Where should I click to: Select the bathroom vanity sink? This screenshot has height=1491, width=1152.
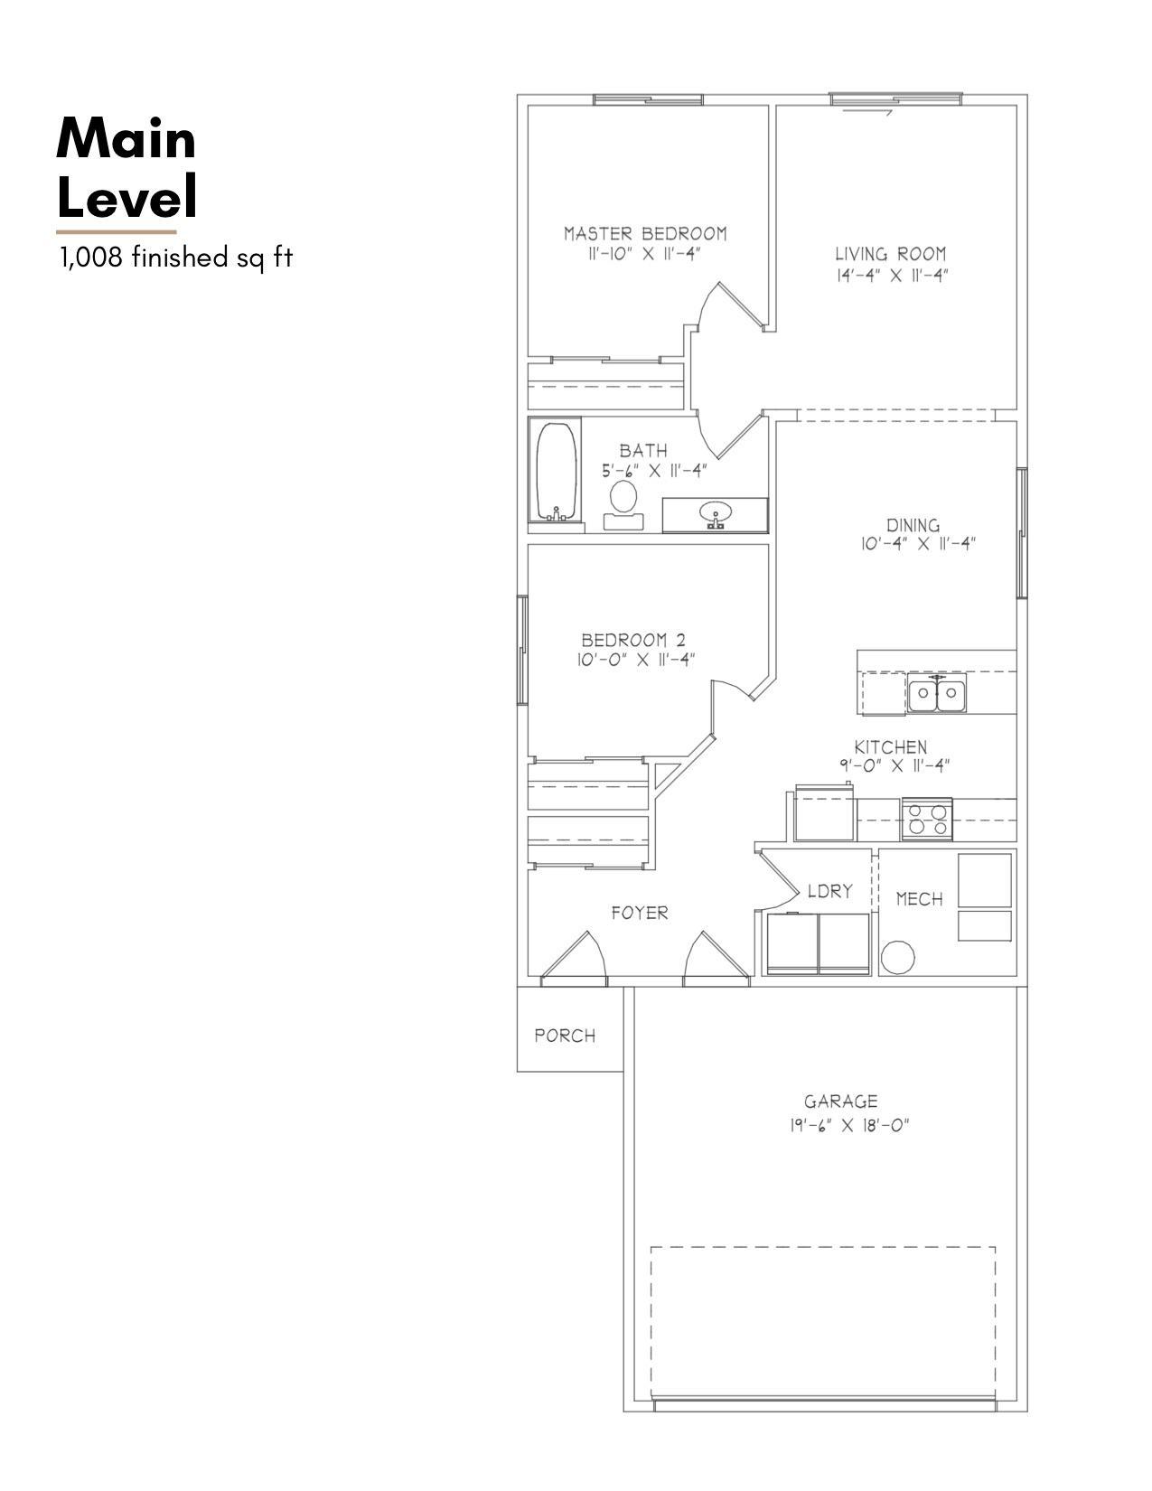click(x=716, y=515)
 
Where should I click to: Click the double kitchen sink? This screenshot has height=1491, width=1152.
click(x=937, y=695)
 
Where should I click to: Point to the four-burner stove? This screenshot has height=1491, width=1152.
click(x=927, y=820)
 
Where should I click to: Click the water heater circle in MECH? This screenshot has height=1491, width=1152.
click(x=897, y=957)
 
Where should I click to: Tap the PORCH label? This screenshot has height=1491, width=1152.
click(x=565, y=1036)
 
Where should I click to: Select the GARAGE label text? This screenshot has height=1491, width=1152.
click(x=840, y=1102)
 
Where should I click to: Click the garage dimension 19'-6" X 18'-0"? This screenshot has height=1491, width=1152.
click(x=848, y=1126)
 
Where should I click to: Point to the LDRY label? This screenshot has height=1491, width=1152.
click(x=829, y=891)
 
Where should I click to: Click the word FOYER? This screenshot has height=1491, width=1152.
click(x=640, y=913)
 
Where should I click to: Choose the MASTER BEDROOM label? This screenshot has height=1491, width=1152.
click(x=645, y=233)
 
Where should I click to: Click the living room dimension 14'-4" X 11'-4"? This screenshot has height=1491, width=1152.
click(x=891, y=276)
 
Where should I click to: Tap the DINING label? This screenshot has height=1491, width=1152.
click(x=913, y=525)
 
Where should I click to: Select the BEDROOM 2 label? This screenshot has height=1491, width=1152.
click(x=639, y=640)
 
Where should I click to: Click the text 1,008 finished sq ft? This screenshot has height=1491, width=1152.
click(x=176, y=258)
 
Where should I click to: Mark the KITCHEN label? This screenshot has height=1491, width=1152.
click(x=891, y=747)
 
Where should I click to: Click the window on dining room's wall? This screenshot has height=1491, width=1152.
click(x=1022, y=533)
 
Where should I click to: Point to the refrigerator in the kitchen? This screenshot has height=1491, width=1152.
click(x=823, y=814)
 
